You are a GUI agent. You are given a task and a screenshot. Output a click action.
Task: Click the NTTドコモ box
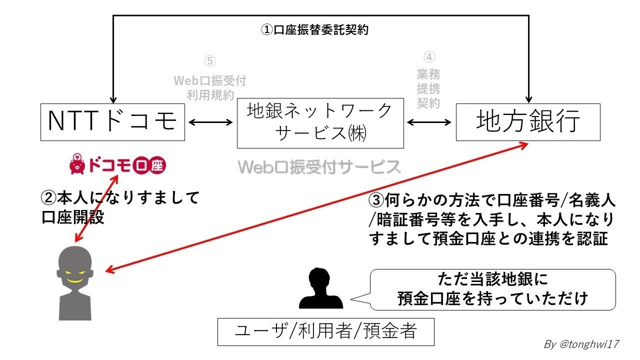112,121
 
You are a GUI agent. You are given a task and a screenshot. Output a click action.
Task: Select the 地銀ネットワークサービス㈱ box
320,123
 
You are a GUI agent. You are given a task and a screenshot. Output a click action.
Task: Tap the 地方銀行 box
528,121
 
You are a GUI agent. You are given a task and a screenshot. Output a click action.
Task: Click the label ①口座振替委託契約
314,30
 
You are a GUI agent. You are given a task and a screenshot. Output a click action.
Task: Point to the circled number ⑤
210,61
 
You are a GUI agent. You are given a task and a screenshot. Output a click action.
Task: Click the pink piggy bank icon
77,164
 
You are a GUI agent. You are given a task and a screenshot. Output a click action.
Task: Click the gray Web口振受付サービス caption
319,167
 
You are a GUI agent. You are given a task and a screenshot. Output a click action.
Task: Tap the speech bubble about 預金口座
492,289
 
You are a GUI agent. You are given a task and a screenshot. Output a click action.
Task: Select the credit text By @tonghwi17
581,344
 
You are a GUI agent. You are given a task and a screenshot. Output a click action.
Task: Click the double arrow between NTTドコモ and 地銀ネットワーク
210,121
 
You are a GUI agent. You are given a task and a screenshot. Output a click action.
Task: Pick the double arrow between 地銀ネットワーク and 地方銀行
429,121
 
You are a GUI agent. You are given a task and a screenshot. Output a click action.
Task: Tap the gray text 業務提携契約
428,89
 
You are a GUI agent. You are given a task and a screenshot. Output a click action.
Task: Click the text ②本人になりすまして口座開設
120,207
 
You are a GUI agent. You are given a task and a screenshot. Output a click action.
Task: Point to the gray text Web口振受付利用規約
210,87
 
